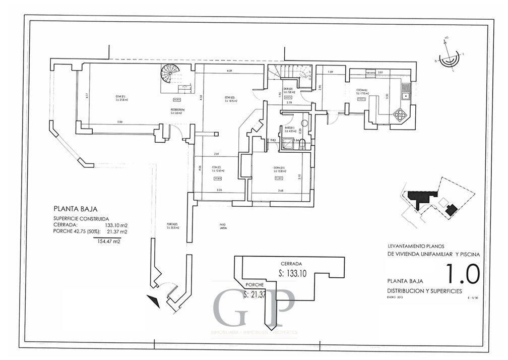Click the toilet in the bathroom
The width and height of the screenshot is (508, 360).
click(301, 145)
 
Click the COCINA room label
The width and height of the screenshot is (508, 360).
click(362, 91)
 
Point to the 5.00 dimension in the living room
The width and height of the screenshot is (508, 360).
click(119, 122)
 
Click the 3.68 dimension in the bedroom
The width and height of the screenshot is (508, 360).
click(280, 190)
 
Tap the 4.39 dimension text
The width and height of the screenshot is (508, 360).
click(229, 71)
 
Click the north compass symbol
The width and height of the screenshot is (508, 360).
click(448, 56)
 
